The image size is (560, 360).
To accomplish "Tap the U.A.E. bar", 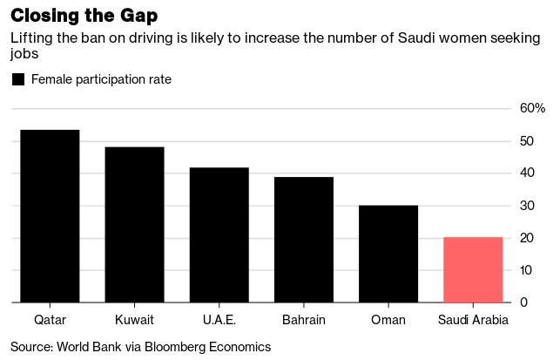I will pos(219,235).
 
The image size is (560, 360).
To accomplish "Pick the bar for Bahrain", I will pos(304,240).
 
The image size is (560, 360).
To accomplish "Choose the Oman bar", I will pos(388,254).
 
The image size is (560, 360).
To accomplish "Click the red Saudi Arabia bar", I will pos(473,270).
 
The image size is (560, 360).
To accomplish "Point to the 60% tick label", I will pos(532,109).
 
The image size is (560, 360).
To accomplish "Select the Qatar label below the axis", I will pos(50,320).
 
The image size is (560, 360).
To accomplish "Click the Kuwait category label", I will pos(134,320).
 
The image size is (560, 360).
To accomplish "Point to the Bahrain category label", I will pos(304,320).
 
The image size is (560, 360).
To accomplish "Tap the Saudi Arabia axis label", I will pos(473,320).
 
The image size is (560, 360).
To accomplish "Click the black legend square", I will pos(17,79).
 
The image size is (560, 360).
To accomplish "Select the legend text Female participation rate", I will pos(101,79).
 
